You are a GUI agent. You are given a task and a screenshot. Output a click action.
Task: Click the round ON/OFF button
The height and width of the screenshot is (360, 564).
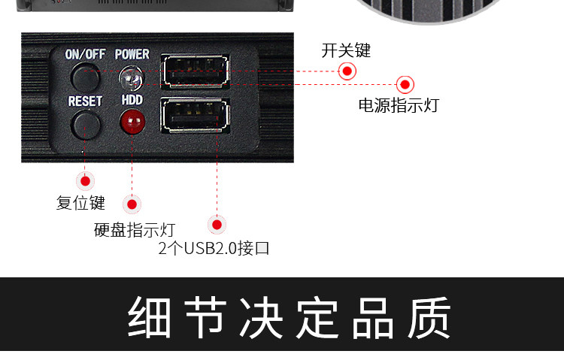pos(86,77)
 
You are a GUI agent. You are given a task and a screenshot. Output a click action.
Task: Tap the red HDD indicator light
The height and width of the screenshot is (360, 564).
pos(132,120)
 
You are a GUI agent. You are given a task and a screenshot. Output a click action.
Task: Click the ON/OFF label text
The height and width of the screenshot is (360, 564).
pos(86,55)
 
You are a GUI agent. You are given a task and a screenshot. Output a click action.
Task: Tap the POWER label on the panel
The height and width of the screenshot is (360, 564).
pos(132,55)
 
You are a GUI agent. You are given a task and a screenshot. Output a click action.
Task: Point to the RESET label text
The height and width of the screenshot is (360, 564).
pos(85,100)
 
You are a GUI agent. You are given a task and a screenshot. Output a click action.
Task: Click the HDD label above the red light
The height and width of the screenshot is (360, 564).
pos(132,99)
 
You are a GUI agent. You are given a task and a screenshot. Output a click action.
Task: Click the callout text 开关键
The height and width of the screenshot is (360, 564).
pos(346,50)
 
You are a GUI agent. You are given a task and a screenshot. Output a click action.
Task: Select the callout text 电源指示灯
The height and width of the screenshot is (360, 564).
pos(398,105)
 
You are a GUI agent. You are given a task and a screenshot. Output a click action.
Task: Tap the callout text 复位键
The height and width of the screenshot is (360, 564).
pos(80,202)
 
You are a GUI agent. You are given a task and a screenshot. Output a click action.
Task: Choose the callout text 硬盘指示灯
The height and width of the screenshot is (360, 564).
pos(134,229)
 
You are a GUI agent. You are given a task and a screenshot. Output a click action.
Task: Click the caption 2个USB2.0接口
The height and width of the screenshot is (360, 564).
pos(214,248)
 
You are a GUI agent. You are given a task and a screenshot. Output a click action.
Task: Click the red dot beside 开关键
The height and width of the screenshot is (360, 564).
pos(347,71)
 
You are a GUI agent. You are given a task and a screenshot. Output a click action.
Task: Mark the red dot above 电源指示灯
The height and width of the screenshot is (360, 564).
pos(405,84)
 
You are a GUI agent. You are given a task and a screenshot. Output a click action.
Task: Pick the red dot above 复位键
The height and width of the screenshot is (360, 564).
pos(85,180)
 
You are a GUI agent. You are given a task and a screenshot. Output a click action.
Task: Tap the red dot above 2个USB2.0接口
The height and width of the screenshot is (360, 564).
pos(217,224)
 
